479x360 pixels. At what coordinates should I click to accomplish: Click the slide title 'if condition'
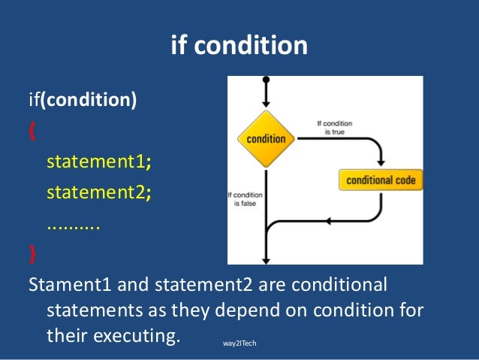pyautogui.click(x=239, y=45)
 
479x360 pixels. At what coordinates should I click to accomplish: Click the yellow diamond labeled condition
pyautogui.click(x=266, y=138)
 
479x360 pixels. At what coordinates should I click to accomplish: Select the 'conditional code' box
pyautogui.click(x=381, y=180)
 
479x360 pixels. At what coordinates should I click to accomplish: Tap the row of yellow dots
pyautogui.click(x=73, y=223)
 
